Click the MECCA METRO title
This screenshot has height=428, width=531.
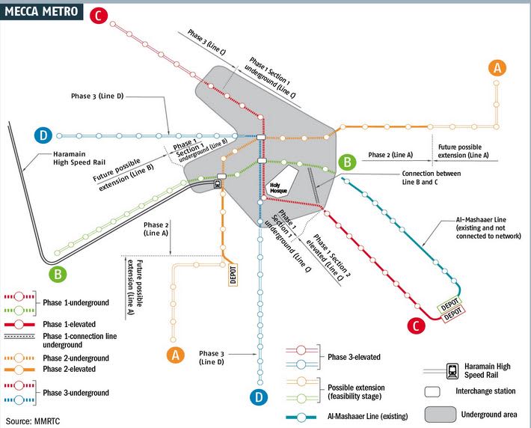pos(41,11)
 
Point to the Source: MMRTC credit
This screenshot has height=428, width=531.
pos(33,421)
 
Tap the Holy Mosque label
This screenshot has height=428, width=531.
pos(278,188)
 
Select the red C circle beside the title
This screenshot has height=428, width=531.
pos(99,16)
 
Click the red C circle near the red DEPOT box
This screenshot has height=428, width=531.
pos(416,325)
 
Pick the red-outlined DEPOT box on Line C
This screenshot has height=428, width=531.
pos(452,314)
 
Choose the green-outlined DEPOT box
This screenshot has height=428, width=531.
pos(449,305)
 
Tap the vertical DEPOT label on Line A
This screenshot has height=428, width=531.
pos(233,275)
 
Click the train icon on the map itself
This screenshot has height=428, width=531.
pos(217,184)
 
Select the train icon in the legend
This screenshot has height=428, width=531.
pos(452,371)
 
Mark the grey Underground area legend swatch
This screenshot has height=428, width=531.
pos(441,415)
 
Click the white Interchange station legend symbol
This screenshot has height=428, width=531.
pos(432,392)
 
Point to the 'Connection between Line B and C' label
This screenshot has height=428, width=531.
pos(432,177)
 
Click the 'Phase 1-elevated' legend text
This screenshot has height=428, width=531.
pos(69,324)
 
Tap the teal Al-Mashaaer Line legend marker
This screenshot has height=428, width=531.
pos(301,418)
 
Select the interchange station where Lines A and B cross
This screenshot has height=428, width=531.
pos(222,177)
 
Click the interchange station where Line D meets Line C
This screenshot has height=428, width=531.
pos(261,137)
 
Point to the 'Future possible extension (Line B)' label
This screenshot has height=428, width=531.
pos(123,174)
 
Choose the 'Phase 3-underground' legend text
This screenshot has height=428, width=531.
pos(76,393)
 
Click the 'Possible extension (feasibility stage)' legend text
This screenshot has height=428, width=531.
pos(356,392)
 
